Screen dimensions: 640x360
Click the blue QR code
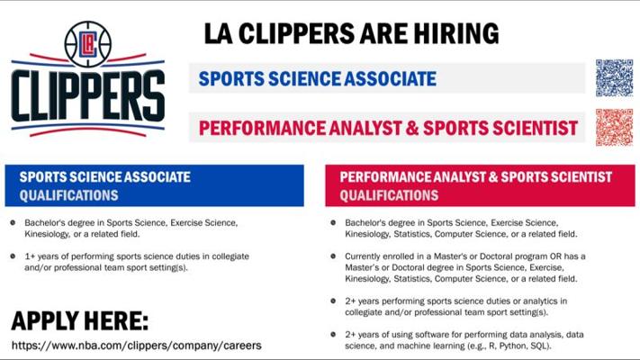coord(614,77)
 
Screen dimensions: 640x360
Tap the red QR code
coord(614,127)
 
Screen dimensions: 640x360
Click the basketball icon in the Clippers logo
coord(87,44)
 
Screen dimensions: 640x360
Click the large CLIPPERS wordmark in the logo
coord(88,96)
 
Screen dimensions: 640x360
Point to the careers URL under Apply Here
coord(136,346)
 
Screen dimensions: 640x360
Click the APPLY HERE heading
coord(80,320)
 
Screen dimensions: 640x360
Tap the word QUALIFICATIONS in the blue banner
coord(69,195)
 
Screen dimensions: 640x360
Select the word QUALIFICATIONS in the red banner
coord(390,195)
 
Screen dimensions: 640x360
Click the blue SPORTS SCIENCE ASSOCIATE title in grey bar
coord(318,79)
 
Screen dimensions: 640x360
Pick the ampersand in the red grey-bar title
coord(412,128)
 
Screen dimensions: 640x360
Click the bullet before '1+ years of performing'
coord(14,256)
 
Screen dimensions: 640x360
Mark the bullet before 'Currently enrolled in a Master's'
coord(333,256)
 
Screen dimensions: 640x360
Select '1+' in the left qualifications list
coord(30,256)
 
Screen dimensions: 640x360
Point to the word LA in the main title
coord(219,33)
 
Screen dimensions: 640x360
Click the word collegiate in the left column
coord(230,256)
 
